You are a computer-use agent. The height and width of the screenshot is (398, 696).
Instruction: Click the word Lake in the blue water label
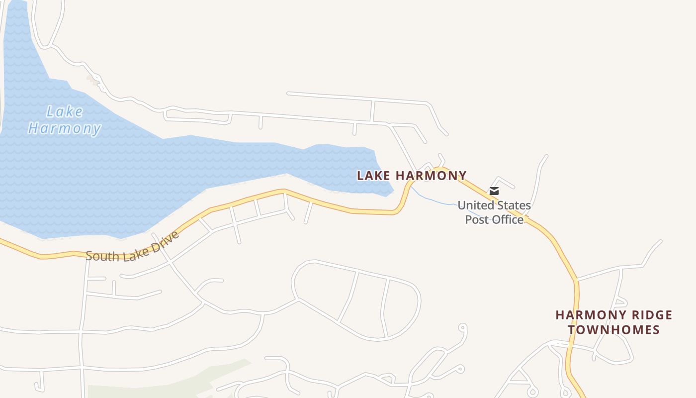tap(65, 111)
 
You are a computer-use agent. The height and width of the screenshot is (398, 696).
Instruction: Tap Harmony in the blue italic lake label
tap(65, 128)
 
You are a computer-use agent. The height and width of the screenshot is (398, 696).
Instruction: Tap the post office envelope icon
tap(494, 191)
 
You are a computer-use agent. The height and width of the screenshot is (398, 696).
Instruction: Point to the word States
tap(514, 205)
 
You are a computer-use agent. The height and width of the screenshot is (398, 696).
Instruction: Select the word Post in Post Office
tap(476, 219)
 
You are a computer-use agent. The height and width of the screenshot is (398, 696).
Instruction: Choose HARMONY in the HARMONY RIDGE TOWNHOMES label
tap(584, 315)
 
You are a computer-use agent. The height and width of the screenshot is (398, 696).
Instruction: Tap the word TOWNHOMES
tap(614, 329)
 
